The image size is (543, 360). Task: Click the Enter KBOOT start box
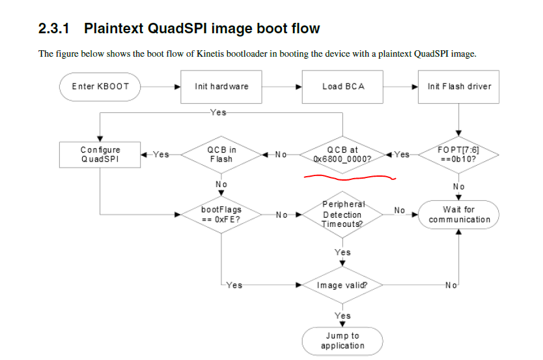pyautogui.click(x=100, y=87)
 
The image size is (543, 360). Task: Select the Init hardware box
pyautogui.click(x=221, y=87)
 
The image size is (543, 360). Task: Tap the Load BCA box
pyautogui.click(x=342, y=87)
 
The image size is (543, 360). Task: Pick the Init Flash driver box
pyautogui.click(x=459, y=87)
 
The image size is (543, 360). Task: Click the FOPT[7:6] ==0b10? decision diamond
pyautogui.click(x=459, y=155)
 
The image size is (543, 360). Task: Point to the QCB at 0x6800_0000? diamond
pyautogui.click(x=342, y=155)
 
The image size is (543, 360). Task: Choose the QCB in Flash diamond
pyautogui.click(x=221, y=155)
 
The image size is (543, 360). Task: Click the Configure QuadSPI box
pyautogui.click(x=100, y=155)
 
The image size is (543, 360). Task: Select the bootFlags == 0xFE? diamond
pyautogui.click(x=221, y=214)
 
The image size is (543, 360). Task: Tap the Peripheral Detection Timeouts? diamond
pyautogui.click(x=342, y=214)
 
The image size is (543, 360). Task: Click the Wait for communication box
pyautogui.click(x=459, y=214)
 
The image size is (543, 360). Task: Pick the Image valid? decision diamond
pyautogui.click(x=342, y=286)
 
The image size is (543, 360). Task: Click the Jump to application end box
pyautogui.click(x=342, y=340)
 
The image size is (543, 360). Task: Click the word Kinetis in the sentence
pyautogui.click(x=195, y=53)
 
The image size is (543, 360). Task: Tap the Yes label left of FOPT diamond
pyautogui.click(x=402, y=155)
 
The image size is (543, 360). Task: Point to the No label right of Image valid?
pyautogui.click(x=450, y=285)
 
